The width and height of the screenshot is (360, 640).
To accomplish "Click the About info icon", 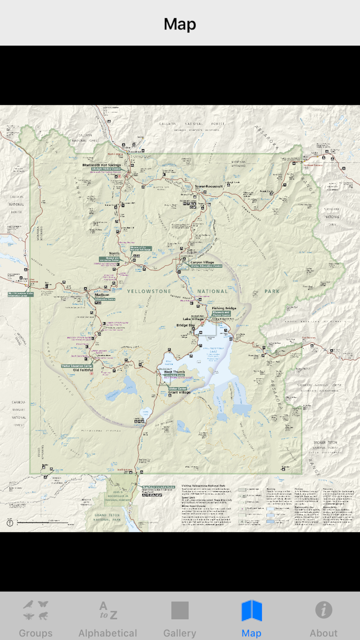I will [323, 610].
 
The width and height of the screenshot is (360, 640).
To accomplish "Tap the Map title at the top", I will [180, 24].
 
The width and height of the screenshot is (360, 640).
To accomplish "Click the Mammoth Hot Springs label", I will [101, 165].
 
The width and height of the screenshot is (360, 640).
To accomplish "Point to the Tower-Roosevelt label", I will [209, 186].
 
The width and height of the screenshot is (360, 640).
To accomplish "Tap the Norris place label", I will [114, 253].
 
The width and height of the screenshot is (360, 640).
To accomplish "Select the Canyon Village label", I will [202, 262].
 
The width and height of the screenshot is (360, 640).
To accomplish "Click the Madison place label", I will [102, 295].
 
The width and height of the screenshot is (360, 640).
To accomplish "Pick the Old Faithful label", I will [83, 370].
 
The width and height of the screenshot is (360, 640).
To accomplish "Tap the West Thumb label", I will [174, 372].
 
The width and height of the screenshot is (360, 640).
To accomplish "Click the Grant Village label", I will [179, 392].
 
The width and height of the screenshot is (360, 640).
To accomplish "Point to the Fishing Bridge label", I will [224, 308].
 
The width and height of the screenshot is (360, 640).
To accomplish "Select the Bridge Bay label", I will [186, 325].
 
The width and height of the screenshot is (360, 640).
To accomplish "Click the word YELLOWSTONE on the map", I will [149, 291].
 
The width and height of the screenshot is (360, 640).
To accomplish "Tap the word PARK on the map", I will [272, 291].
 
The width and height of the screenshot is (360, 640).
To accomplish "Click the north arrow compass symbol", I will [10, 523].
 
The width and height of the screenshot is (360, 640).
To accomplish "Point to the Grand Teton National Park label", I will [107, 517].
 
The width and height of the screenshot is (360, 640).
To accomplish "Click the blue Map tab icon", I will [252, 610].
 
